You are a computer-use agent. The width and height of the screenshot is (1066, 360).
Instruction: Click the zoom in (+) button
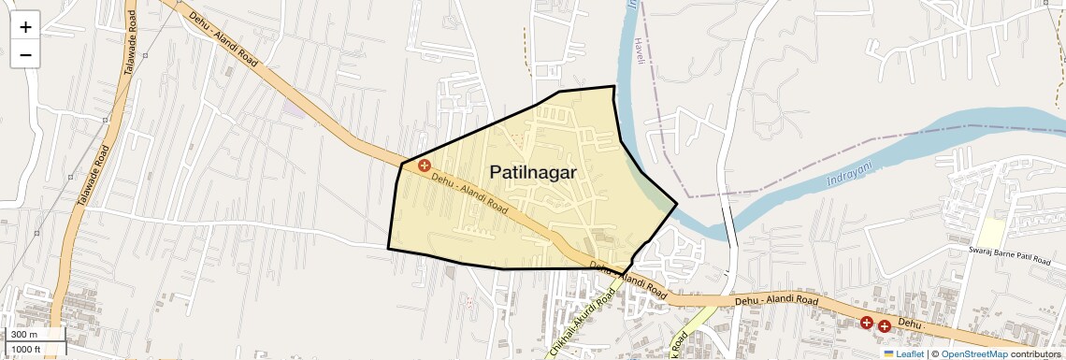click(x=25, y=27)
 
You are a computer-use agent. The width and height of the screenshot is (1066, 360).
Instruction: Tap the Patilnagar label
click(x=533, y=172)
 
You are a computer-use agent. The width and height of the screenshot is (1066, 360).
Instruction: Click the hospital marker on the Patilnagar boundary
click(x=424, y=166)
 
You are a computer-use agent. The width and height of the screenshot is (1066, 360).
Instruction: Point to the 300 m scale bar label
click(x=24, y=335)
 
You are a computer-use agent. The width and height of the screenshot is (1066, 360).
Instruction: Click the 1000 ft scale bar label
click(x=27, y=349)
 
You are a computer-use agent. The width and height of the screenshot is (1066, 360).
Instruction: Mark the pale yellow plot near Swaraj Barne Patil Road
click(x=991, y=233)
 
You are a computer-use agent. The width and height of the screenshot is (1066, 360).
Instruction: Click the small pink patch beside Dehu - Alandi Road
click(x=295, y=109)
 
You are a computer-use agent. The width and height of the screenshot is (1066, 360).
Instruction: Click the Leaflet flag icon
click(x=888, y=353)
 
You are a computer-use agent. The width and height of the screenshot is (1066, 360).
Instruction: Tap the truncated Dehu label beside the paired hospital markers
click(x=911, y=323)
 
